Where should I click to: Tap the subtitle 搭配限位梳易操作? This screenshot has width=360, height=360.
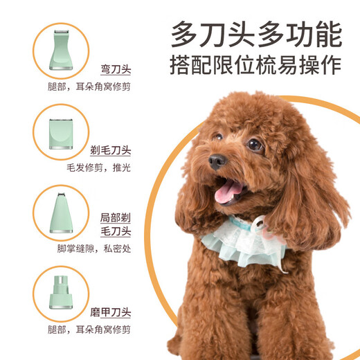point(256,65)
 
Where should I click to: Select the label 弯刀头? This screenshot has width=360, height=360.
point(115,70)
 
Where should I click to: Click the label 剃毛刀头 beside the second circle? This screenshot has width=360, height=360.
point(111,150)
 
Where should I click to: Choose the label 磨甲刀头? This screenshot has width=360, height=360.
point(111,312)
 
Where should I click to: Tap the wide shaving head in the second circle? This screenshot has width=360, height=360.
point(61,132)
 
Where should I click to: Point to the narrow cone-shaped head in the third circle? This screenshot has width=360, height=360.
point(61,212)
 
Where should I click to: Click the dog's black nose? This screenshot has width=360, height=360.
point(217,161)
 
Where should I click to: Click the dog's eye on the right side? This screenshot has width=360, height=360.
point(255,145)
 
